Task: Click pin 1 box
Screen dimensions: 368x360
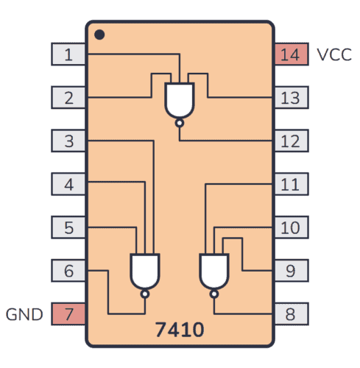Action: pos(68,54)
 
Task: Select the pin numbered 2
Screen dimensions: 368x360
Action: pos(68,97)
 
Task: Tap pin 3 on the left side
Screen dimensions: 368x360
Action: pos(68,141)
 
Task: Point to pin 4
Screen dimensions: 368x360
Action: pos(68,184)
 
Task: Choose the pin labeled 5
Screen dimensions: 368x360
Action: pos(68,227)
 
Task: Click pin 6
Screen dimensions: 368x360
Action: pos(68,271)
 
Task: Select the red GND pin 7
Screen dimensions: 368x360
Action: pos(68,314)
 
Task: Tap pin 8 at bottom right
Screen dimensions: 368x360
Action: pos(290,314)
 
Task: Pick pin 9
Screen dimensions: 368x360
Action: pos(290,271)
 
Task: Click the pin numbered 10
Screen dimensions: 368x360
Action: pos(290,227)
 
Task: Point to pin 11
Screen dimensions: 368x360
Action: pos(290,184)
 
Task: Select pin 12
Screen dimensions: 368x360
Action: pos(290,141)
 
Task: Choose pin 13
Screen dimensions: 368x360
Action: pos(290,97)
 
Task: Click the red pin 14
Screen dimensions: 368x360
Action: pos(290,54)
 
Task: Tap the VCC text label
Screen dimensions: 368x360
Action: pos(333,54)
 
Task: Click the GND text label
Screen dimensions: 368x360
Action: pos(25,315)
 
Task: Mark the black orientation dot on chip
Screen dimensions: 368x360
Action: pos(99,35)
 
